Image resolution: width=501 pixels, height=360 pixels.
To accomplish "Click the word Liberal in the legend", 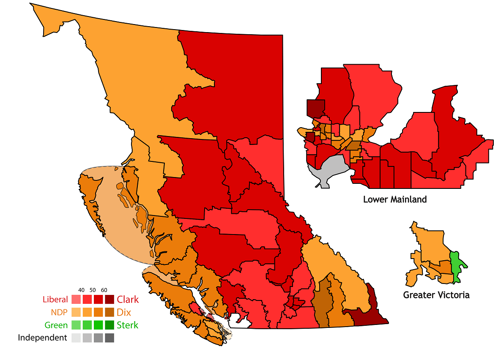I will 55,300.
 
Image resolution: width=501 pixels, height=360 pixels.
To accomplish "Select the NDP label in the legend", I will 59,313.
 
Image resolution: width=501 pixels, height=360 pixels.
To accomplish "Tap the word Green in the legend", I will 57,325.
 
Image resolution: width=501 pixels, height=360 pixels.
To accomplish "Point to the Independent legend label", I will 42,338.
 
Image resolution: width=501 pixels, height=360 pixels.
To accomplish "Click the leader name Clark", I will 128,300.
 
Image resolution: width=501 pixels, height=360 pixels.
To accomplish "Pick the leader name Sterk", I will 127,325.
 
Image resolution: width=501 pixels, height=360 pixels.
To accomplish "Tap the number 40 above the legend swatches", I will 82,290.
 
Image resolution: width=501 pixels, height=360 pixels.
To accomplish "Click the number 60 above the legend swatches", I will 104,290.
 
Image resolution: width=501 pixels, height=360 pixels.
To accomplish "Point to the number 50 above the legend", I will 93,290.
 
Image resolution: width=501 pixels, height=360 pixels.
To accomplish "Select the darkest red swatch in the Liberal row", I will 110,300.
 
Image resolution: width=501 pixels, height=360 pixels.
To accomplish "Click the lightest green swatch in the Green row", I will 76,325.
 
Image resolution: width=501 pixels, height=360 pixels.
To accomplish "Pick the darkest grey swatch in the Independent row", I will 110,338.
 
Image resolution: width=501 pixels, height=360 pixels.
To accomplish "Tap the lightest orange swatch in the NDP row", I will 76,313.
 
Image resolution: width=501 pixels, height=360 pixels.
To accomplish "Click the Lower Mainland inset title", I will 395,199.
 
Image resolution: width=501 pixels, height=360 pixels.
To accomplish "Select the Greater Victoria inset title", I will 436,295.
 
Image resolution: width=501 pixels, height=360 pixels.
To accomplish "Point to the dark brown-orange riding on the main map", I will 323,302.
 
